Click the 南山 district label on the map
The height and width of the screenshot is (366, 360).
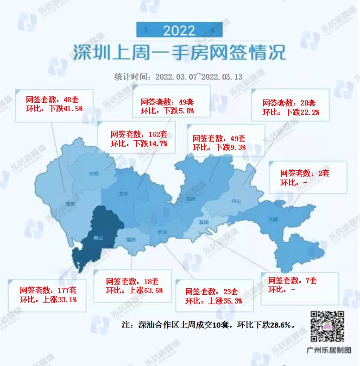98,238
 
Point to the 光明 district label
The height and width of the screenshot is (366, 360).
94,174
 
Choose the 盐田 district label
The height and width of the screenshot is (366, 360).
205,223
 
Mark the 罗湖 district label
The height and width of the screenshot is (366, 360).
162,232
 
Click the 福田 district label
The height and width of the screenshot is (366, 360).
130,240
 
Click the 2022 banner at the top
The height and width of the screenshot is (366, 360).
179,31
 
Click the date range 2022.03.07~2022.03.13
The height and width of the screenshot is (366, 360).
199,77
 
